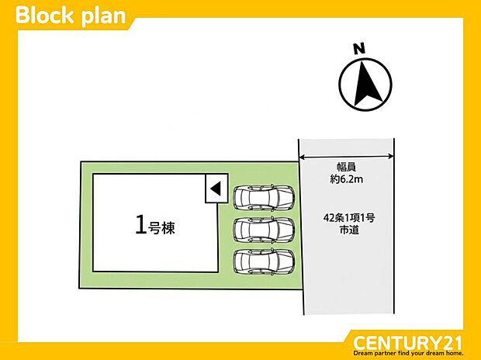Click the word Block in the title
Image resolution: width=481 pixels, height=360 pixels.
44,16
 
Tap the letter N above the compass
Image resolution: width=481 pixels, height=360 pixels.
359,49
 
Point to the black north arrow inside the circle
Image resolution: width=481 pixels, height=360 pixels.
367,84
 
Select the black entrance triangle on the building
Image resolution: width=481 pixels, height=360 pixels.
216,189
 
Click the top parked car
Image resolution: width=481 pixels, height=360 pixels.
264,198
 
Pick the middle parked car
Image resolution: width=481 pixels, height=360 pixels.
264,230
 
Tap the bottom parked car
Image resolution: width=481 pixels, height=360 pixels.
264,261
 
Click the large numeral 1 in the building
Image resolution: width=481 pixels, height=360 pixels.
140,225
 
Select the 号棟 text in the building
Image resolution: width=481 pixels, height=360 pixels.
161,228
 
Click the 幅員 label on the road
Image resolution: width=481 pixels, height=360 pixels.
346,168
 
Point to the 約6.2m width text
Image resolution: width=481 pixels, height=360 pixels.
346,179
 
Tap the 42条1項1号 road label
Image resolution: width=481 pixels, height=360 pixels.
349,218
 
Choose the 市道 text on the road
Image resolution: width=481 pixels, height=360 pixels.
349,230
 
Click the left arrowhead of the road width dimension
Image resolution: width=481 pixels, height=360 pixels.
302,157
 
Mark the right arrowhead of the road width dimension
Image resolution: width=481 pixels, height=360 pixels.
391,157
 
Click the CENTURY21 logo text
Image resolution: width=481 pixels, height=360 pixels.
407,342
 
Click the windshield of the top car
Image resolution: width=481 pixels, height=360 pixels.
285,198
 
